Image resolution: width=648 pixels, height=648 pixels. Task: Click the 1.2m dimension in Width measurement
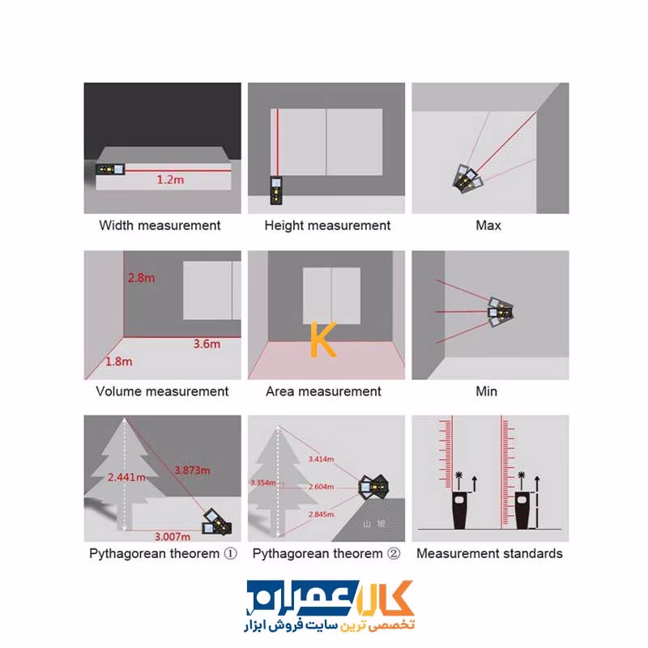(x=170, y=180)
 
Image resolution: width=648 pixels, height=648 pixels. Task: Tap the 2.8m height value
(x=141, y=278)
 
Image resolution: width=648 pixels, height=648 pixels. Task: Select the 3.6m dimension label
(x=207, y=343)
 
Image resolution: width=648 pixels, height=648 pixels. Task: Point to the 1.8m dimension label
(x=119, y=361)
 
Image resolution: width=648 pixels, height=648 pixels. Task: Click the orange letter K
(x=323, y=339)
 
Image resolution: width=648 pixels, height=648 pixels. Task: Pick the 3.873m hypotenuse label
(x=192, y=471)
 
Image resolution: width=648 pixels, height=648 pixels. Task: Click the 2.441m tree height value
(x=126, y=477)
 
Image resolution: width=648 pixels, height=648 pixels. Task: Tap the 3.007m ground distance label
(x=173, y=537)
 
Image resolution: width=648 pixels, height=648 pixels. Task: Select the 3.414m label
(x=321, y=459)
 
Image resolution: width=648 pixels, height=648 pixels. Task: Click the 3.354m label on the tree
(x=262, y=483)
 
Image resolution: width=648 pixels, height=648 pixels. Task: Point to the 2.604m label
(x=321, y=487)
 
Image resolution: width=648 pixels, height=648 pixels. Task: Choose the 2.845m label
(x=321, y=514)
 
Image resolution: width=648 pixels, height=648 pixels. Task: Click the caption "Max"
(x=488, y=225)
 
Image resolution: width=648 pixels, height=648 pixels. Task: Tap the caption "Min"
(x=487, y=391)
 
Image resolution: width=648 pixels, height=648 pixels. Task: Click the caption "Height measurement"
(x=327, y=226)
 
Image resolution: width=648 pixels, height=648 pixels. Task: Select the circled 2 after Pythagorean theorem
(x=394, y=553)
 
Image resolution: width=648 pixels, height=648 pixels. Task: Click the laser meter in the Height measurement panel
(x=276, y=190)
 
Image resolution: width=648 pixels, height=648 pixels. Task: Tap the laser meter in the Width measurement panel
(x=110, y=169)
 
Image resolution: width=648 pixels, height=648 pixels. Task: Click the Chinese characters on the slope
(x=374, y=524)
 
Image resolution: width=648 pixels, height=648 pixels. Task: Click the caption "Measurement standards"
(x=489, y=553)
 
